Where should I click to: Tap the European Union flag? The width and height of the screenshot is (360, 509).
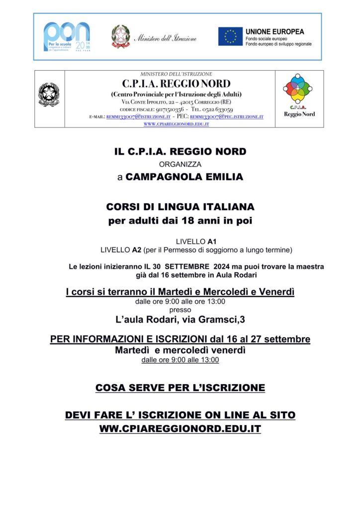click(x=230, y=36)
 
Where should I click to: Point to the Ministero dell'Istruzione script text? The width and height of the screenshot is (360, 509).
click(x=166, y=38)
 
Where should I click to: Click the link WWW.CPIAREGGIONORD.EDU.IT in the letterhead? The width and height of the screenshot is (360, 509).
click(x=176, y=124)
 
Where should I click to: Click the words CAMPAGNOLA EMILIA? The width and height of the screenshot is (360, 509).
click(x=184, y=176)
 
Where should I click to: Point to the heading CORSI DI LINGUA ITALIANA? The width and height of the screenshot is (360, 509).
click(x=180, y=206)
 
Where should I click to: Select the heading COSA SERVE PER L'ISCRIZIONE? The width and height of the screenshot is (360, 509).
click(x=180, y=387)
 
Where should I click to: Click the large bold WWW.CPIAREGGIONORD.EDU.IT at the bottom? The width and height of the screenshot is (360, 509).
click(x=180, y=428)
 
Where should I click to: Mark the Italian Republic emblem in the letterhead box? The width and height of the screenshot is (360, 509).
click(x=49, y=94)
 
